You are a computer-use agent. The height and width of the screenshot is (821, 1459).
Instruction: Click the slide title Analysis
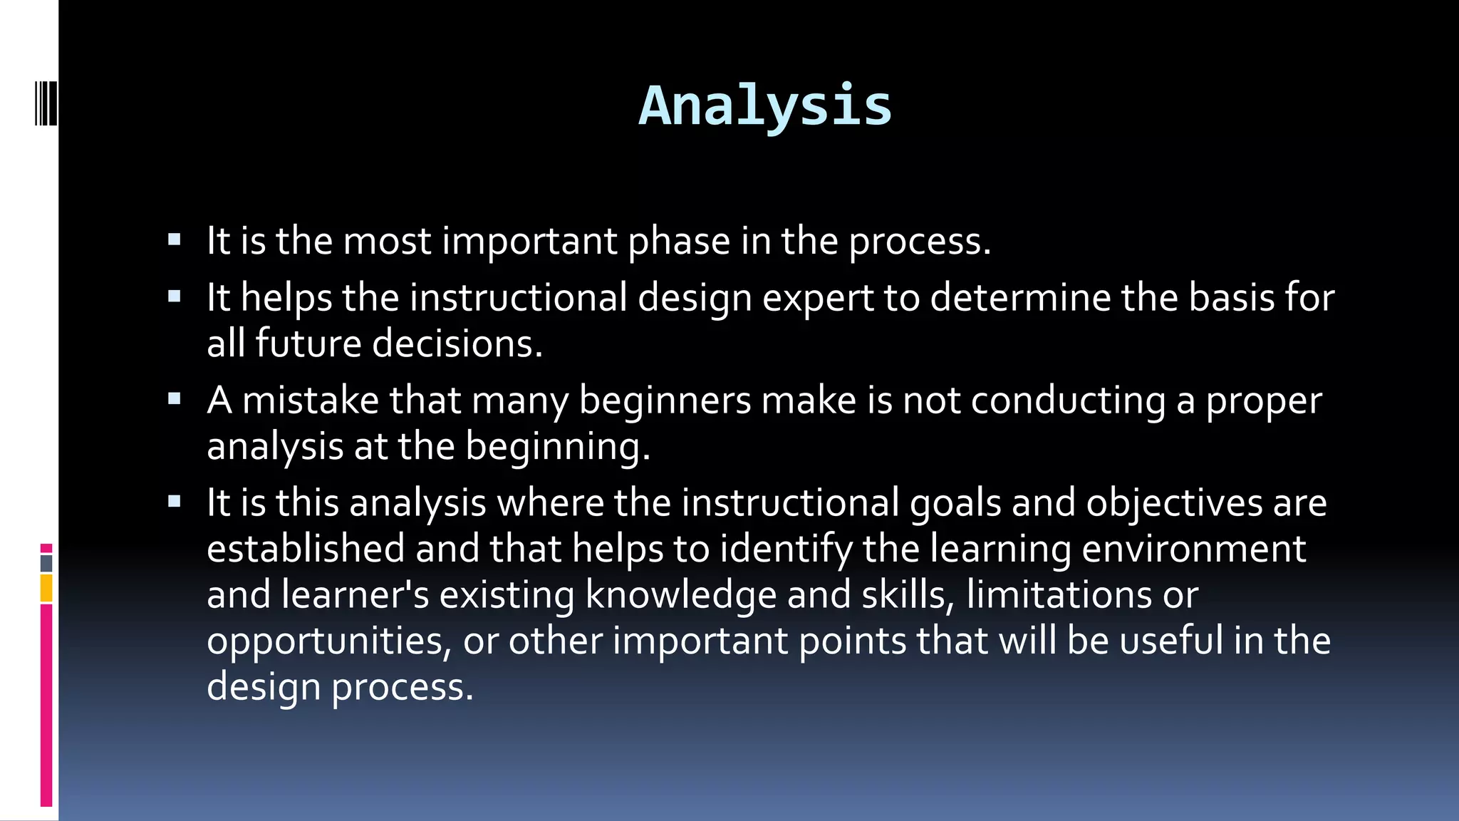click(764, 106)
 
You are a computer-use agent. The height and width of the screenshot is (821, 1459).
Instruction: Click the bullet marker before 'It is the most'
click(175, 239)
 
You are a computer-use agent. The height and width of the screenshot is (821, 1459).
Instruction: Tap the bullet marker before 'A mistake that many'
click(175, 399)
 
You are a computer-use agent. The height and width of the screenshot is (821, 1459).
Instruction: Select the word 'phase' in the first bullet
click(678, 242)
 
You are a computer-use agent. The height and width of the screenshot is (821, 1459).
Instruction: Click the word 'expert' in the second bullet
click(818, 298)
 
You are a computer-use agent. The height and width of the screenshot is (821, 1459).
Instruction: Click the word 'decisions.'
click(457, 344)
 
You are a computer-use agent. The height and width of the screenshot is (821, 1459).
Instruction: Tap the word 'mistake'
click(311, 400)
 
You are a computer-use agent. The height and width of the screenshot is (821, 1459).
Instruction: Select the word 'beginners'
click(665, 401)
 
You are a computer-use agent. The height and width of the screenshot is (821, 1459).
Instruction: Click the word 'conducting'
click(1068, 401)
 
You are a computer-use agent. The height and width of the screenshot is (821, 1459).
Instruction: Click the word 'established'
click(306, 549)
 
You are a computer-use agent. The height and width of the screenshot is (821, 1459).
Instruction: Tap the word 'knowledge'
click(680, 595)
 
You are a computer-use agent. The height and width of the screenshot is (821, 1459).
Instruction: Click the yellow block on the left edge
click(46, 589)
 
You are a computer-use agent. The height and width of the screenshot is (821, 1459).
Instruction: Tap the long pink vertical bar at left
click(46, 706)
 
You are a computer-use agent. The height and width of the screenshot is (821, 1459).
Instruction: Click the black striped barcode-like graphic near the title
click(46, 104)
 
